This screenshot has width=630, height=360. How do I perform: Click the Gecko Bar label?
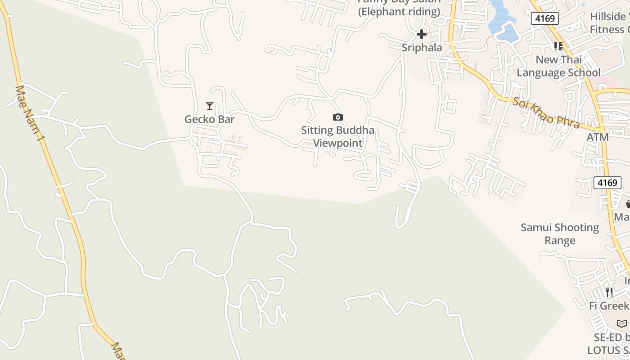209,119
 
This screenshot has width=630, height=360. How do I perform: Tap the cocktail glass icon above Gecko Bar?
210,106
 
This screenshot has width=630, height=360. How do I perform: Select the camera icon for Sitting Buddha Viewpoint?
337,117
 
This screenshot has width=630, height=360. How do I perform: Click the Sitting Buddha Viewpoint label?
337,137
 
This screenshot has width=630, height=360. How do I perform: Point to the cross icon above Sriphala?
422,34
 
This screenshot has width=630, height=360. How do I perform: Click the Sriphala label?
422,48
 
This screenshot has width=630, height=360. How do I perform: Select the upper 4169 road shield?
544,18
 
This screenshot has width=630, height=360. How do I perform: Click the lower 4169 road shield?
607,183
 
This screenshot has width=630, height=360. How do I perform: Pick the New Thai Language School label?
558,66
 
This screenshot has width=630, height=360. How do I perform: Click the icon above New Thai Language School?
558,46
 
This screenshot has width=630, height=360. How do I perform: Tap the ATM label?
598,137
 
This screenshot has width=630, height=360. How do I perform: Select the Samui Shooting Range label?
560,234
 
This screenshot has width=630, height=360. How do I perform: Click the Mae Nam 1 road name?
29,114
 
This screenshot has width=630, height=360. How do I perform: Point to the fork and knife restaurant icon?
609,292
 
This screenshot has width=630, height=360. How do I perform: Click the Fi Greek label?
609,306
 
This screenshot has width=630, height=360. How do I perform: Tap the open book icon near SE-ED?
621,324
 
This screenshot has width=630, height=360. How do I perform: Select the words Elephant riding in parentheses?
399,12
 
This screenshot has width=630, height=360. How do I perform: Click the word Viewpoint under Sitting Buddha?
337,144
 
